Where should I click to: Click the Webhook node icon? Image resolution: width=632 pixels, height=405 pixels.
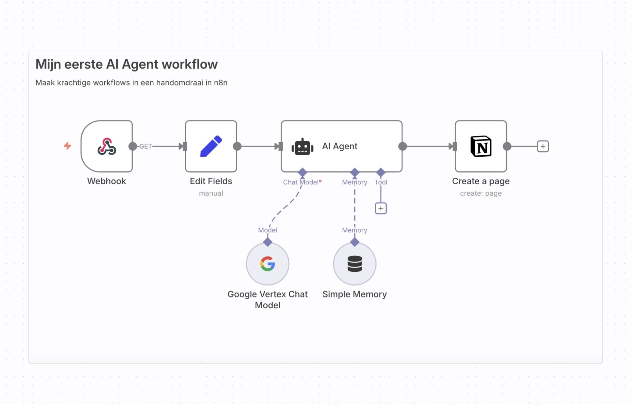[107, 146]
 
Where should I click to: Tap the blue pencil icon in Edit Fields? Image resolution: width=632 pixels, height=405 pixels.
[211, 146]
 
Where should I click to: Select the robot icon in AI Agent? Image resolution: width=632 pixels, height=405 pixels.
[302, 147]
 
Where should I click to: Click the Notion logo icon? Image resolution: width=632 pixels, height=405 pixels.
[481, 146]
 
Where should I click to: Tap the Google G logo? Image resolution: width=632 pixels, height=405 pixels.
[268, 264]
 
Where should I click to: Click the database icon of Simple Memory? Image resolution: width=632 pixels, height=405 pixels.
[355, 264]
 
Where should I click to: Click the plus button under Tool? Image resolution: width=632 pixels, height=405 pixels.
[381, 208]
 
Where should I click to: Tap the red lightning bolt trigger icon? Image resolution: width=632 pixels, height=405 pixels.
[67, 146]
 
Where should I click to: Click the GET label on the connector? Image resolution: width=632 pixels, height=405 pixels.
[145, 146]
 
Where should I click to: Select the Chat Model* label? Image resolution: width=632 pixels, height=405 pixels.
[302, 182]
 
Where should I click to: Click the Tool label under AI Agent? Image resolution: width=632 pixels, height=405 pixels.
[381, 182]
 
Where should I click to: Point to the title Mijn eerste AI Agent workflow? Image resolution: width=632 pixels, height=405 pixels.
[126, 64]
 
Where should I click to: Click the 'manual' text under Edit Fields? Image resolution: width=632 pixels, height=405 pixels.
[211, 193]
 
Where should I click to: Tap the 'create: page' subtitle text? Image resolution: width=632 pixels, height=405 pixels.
[481, 193]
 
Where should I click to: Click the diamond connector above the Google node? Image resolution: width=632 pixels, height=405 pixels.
[268, 242]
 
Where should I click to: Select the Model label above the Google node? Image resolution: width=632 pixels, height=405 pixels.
[268, 230]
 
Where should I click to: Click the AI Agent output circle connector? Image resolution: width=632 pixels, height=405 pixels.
[402, 146]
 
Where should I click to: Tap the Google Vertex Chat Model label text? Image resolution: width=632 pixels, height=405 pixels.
[268, 299]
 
